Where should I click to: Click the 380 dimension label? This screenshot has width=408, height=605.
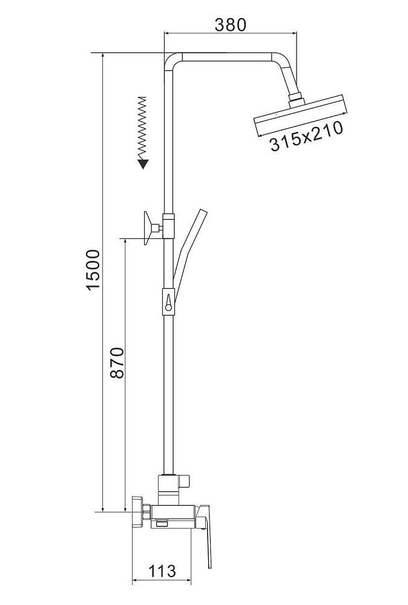point(230,25)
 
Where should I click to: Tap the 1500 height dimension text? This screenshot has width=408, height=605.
point(93,270)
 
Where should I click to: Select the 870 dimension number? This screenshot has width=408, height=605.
point(117,362)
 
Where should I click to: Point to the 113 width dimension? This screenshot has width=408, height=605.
point(162,571)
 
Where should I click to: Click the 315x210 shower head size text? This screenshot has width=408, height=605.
point(306,136)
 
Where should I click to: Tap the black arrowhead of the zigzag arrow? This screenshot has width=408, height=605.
point(143,164)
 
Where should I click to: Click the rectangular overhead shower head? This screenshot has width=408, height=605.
point(300,115)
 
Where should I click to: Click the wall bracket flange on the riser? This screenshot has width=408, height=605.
point(147,228)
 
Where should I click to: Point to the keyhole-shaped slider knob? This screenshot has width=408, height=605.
point(168,301)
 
